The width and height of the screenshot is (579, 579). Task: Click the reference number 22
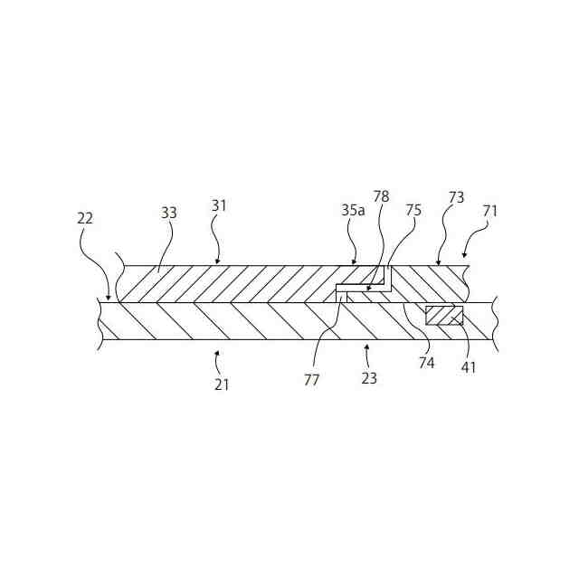[x=85, y=218]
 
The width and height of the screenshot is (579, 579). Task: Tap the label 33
[x=168, y=213]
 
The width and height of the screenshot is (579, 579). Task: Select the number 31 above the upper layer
[x=219, y=205]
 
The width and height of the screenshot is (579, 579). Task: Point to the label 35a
[x=354, y=211]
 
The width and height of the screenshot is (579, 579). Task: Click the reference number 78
[x=382, y=195]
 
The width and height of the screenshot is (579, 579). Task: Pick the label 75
[x=413, y=210]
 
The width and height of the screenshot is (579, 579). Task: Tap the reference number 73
[x=456, y=196]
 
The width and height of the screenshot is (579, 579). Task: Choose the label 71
[x=489, y=210]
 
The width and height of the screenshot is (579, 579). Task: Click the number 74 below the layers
[x=426, y=363]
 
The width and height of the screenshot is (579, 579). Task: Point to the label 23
[x=369, y=378]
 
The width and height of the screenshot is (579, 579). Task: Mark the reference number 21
[x=222, y=384]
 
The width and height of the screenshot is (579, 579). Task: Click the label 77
[x=311, y=380]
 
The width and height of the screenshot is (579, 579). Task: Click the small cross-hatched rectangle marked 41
[x=444, y=316]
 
